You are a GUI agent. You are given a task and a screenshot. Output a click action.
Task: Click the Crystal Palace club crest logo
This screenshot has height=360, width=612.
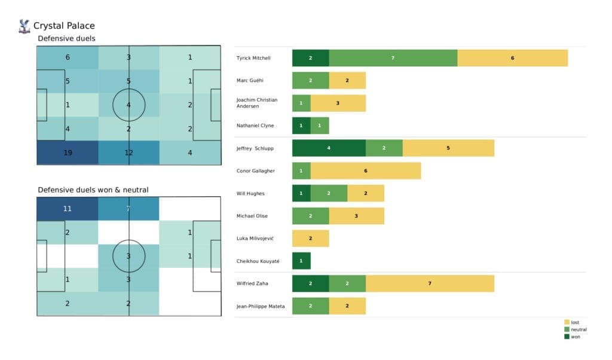[x=25, y=26]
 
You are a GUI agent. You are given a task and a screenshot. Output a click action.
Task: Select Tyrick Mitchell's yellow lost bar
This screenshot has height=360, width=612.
[x=512, y=58]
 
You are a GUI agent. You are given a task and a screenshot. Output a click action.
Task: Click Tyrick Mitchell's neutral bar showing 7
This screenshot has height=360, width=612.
[x=393, y=58]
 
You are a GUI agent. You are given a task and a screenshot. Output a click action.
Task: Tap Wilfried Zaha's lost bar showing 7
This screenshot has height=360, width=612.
[x=430, y=283]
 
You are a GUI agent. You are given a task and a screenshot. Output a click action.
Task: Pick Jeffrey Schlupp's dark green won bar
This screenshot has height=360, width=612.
[x=329, y=148]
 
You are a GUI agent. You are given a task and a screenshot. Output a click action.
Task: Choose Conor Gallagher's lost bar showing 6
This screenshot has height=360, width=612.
[x=365, y=171]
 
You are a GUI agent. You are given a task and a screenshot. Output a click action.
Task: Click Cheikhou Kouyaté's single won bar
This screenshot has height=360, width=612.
[x=301, y=261]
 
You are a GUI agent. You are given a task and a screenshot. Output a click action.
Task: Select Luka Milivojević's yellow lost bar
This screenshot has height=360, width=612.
[x=310, y=239]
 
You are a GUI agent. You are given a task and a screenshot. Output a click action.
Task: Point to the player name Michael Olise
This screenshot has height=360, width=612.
[x=253, y=216]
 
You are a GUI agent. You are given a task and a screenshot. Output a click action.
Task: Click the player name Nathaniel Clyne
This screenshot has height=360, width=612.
[x=255, y=126]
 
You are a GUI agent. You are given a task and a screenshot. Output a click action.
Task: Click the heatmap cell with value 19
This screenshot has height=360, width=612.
[x=68, y=152]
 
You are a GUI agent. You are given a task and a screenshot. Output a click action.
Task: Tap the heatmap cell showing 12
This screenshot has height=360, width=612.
[x=129, y=152]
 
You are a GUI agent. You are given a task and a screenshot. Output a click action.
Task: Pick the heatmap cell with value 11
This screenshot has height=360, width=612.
[x=68, y=209]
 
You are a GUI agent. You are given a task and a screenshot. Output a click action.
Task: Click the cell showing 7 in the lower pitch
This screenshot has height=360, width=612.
[x=129, y=209]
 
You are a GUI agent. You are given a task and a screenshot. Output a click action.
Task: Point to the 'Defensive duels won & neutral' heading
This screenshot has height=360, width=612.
[x=93, y=190]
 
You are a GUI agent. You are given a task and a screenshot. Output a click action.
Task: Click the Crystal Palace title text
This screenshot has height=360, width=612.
[x=64, y=26]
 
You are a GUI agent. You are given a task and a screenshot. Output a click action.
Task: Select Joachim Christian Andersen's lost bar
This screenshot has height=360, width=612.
[x=338, y=103]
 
